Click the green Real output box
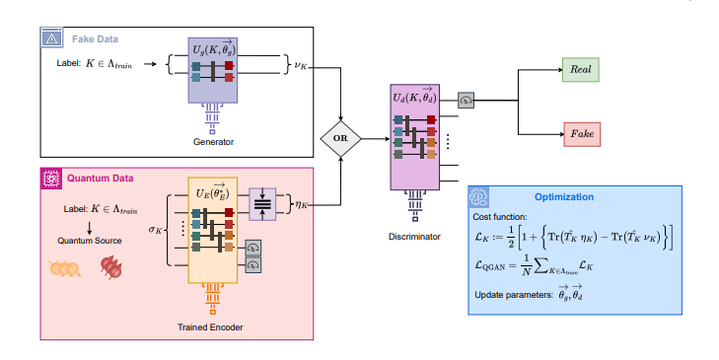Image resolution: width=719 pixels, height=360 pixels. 580,70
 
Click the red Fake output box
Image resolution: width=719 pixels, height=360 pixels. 580,132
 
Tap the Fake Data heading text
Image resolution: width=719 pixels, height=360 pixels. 94,38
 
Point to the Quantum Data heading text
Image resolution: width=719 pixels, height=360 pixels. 100,179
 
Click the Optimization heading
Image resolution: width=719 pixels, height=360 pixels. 563,196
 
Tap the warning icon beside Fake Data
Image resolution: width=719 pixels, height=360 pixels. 51,38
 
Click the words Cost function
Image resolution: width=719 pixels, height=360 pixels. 501,216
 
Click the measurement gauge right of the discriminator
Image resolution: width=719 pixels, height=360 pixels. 467,98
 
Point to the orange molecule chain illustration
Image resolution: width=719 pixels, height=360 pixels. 64,267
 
